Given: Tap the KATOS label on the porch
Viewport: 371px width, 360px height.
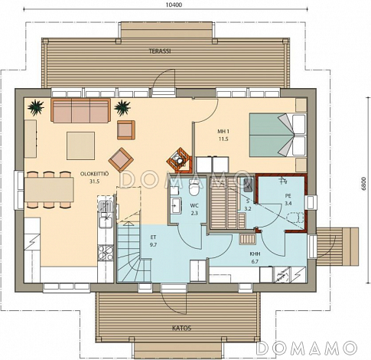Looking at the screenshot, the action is (181, 328).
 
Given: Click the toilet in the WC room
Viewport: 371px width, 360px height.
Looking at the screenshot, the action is (194, 188).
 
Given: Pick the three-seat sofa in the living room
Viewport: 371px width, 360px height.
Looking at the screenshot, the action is (80, 110).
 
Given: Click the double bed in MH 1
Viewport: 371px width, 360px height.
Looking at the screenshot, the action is (278, 135).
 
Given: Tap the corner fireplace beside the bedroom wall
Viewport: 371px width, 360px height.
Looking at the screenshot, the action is (179, 159).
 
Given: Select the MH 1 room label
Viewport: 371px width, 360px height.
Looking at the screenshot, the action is (223, 135).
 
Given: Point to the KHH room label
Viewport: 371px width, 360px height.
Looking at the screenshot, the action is (255, 257).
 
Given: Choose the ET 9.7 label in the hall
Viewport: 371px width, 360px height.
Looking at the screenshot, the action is (153, 241).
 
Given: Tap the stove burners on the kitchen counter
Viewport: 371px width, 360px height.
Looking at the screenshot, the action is (106, 253).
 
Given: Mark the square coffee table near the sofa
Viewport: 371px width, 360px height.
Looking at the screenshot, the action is (80, 146).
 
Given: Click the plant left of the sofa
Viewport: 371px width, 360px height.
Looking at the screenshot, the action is (36, 107).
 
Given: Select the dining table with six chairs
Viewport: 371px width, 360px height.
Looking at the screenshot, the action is (49, 190).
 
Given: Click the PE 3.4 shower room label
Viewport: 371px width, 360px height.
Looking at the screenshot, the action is (288, 200).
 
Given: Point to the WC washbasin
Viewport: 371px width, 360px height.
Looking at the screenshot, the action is (176, 205).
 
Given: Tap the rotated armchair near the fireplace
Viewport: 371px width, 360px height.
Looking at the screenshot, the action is (121, 160).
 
